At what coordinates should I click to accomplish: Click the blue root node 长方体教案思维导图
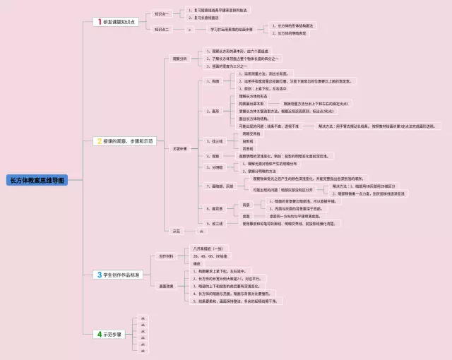tap(37, 180)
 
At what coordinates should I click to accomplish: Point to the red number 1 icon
tap(100, 22)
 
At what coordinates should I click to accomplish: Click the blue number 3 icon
tap(99, 275)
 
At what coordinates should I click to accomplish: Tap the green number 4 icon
tap(100, 334)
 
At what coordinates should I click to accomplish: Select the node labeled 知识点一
tap(163, 13)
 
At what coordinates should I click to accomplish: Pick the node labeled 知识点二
tap(163, 30)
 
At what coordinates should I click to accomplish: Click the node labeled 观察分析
tap(180, 59)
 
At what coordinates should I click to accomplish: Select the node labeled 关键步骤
tap(180, 148)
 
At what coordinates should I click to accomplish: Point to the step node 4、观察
tap(213, 156)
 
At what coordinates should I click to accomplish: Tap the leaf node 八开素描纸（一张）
tap(208, 248)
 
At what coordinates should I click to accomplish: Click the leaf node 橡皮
tap(197, 264)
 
